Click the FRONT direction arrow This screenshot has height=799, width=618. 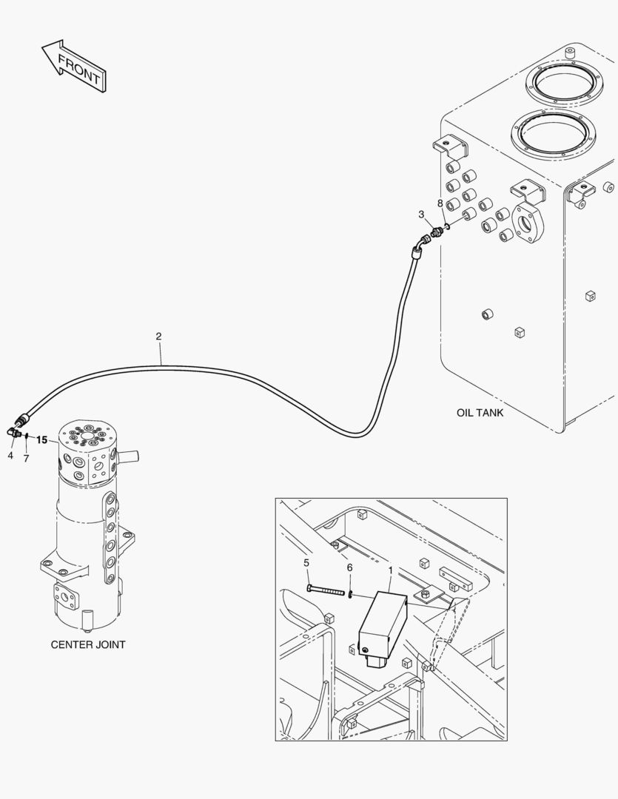tap(74, 67)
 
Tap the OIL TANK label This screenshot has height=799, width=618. tap(480, 413)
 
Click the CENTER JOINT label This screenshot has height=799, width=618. tap(87, 644)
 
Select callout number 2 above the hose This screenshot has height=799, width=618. tap(158, 337)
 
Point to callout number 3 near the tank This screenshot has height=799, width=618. tap(421, 215)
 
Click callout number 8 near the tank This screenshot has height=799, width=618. tap(440, 203)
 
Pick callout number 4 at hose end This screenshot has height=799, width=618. tap(10, 456)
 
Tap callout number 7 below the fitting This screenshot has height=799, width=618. tap(26, 459)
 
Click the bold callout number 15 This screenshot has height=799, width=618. tap(42, 440)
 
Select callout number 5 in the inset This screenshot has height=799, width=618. tap(306, 563)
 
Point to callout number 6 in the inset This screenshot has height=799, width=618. tap(349, 567)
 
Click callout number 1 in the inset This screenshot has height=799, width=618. tap(390, 570)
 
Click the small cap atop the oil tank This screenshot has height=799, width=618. tap(570, 53)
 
